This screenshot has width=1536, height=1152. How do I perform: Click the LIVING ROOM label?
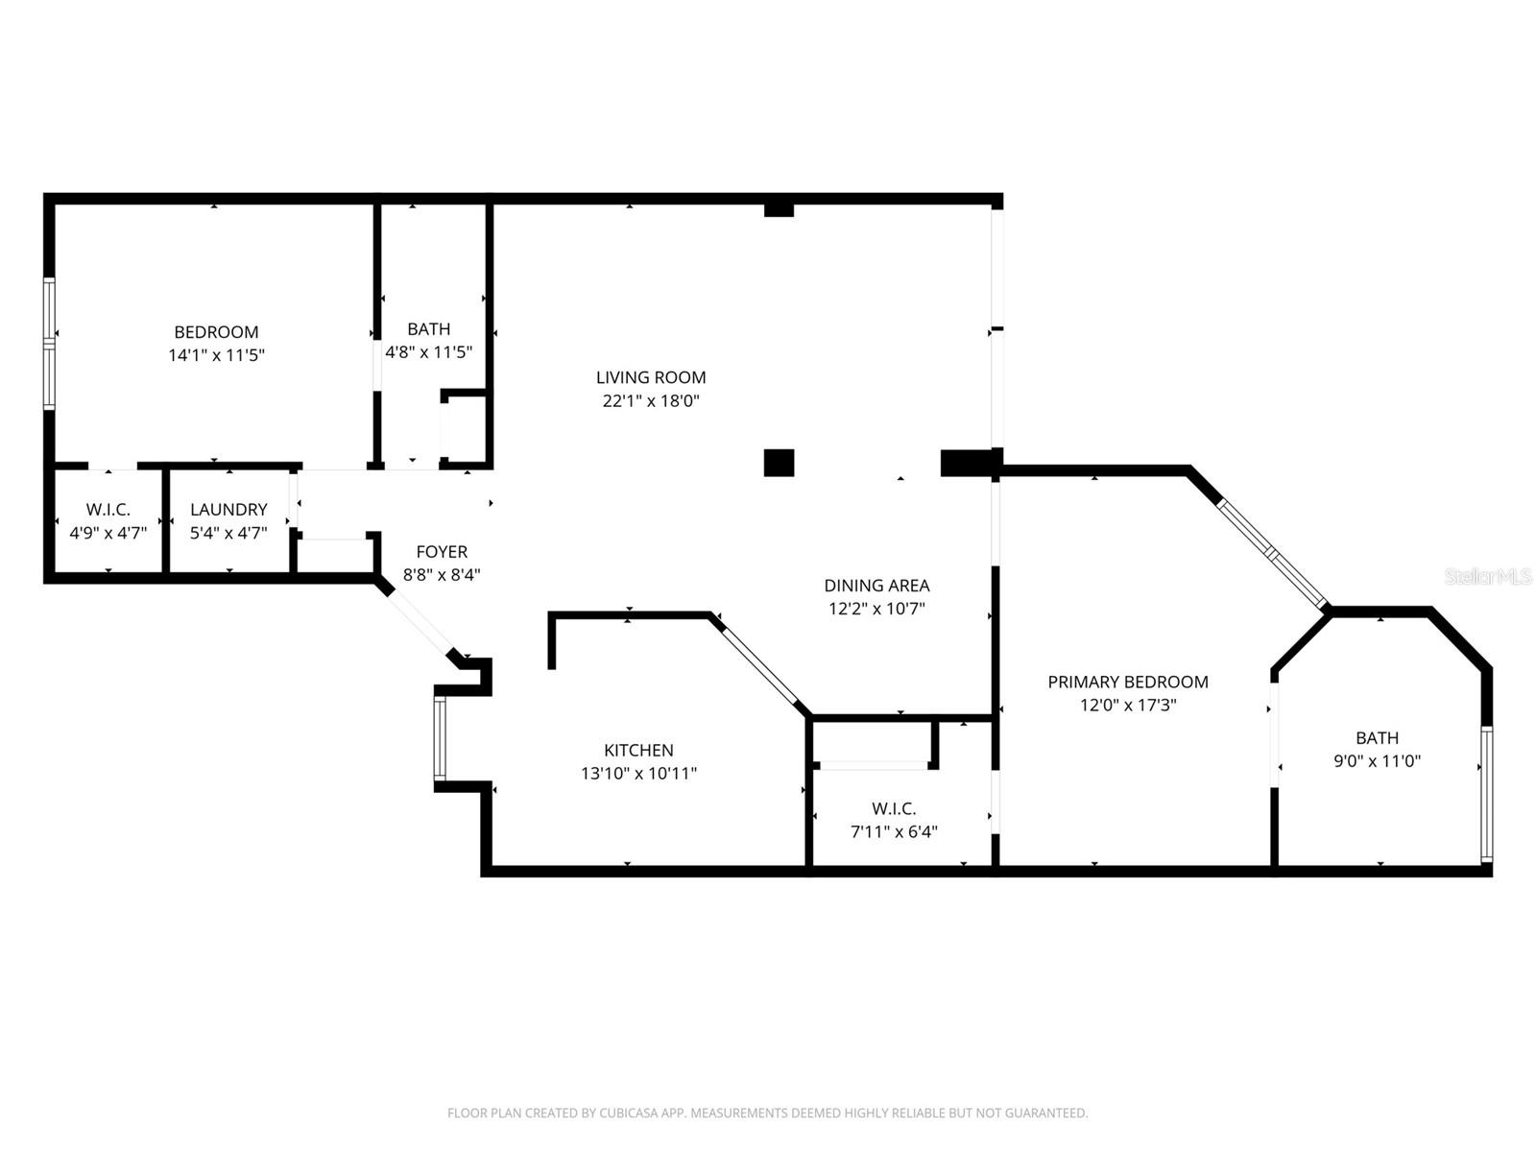tap(651, 377)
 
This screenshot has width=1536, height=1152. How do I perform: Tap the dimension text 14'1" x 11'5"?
tap(216, 355)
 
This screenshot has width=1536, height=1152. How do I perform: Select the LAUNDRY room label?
tap(228, 510)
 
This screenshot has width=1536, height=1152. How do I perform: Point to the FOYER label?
tap(442, 552)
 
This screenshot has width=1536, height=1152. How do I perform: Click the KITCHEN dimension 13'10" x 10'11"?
tap(638, 774)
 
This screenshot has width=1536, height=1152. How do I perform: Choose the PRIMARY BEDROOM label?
tap(1128, 682)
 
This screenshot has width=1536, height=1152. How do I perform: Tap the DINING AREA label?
tap(876, 586)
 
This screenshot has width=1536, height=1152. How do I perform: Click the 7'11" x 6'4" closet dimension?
tap(894, 832)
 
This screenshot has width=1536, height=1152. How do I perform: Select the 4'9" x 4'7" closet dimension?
tap(108, 533)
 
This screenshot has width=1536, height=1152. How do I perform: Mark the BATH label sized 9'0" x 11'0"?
tap(1377, 738)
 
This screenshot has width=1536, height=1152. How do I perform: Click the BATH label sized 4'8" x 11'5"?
tap(428, 329)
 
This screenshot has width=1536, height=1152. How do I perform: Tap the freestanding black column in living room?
tap(779, 463)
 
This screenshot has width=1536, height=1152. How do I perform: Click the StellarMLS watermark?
tap(1487, 577)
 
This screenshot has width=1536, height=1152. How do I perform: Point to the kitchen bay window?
tap(440, 738)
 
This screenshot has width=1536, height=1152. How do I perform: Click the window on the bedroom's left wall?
tap(49, 343)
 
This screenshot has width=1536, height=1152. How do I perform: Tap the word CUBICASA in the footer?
tap(629, 1114)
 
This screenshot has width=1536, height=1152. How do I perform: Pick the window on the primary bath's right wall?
tap(1486, 793)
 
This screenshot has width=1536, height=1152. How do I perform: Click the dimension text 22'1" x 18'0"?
tap(651, 401)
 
